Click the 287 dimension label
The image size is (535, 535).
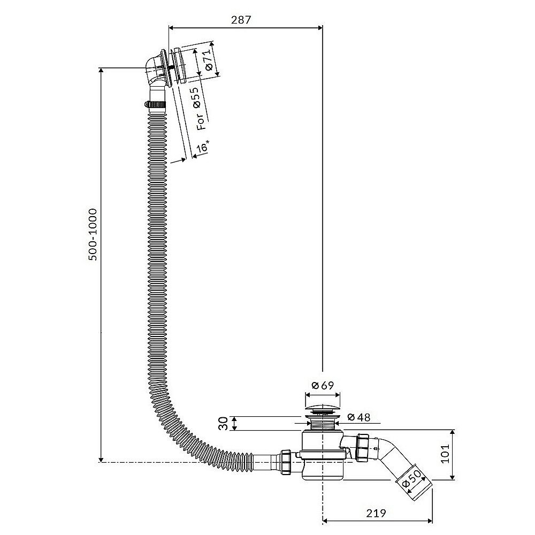tap(241, 20)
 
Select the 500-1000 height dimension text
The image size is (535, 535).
tap(93, 234)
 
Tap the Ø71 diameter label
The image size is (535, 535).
tap(209, 62)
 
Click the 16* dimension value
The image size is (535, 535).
tap(203, 146)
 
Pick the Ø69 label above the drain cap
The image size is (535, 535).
tap(323, 385)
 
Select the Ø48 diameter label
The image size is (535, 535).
tap(358, 417)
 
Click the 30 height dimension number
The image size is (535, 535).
tap(224, 423)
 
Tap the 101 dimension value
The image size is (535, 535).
tap(445, 454)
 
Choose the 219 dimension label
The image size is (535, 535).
tap(376, 513)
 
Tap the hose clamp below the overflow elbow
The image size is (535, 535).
tap(155, 104)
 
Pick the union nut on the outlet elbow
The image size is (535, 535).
tap(362, 448)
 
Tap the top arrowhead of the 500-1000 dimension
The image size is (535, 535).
tap(101, 71)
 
